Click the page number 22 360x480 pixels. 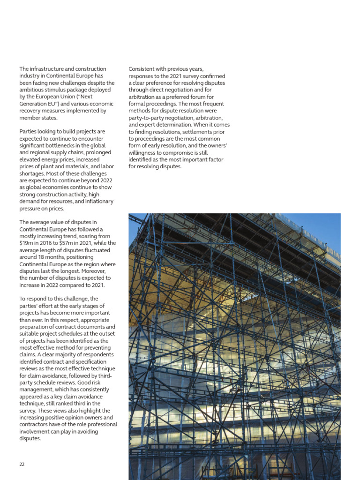click(22, 464)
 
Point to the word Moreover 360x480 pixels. click(99, 271)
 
